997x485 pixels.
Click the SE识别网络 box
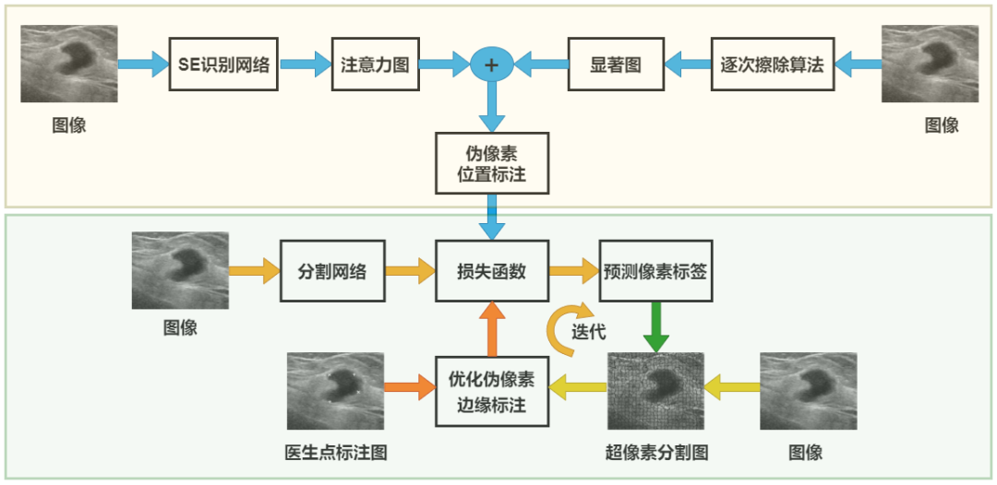(x=223, y=65)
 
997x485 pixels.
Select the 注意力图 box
(x=374, y=65)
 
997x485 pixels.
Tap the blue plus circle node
(x=492, y=65)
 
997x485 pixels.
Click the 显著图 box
(x=614, y=65)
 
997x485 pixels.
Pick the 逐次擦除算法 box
(x=771, y=65)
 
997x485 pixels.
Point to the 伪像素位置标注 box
(x=492, y=163)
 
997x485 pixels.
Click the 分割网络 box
(x=331, y=272)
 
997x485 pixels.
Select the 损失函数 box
(x=492, y=272)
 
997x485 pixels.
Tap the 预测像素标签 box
(x=656, y=272)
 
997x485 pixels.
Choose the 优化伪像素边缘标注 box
(x=492, y=391)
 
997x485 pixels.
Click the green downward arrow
(x=656, y=326)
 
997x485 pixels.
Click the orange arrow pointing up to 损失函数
(x=492, y=328)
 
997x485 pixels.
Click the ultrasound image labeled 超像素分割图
(x=655, y=392)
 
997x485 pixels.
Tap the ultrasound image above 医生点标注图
(x=335, y=392)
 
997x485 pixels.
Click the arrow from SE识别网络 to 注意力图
(x=305, y=65)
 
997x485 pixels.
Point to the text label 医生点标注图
(x=335, y=453)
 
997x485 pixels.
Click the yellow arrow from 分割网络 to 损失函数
(x=411, y=271)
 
